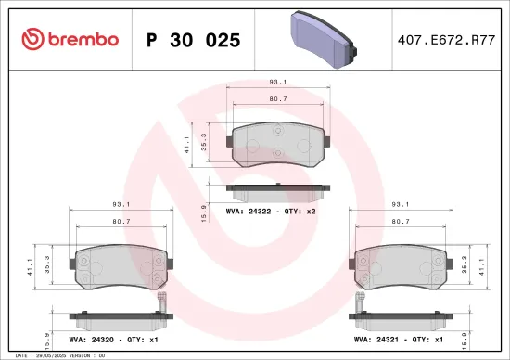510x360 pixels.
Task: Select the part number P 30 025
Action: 194,40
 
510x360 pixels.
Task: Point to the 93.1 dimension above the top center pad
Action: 276,81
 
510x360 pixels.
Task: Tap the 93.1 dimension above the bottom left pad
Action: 121,204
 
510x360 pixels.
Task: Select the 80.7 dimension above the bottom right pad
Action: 400,221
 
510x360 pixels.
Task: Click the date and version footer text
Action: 56,355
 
